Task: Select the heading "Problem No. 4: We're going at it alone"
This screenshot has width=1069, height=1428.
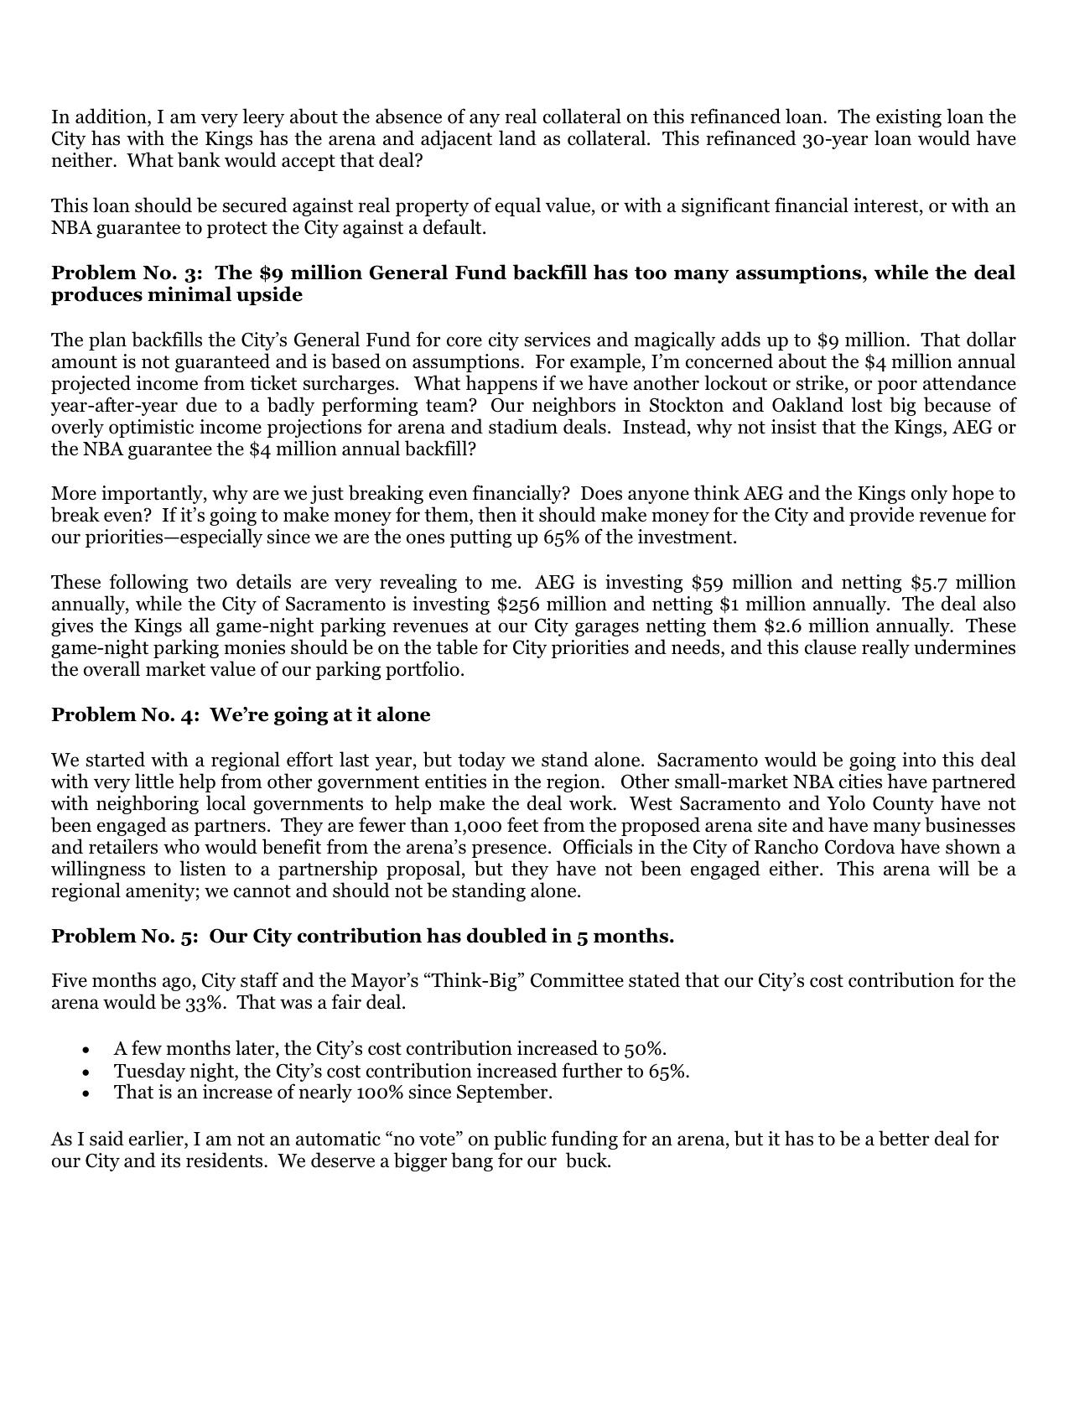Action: [x=241, y=715]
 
